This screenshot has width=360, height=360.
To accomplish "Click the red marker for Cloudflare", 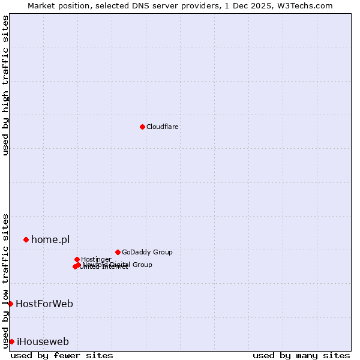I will point(142,127).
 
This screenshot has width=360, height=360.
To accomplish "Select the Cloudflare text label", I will point(162,127).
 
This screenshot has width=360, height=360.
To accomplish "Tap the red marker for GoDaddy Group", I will point(118,252).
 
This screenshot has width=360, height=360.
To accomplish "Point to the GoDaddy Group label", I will point(147,252).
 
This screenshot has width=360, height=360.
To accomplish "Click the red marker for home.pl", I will point(26,239).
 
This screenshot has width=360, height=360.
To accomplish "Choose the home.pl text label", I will point(50,239).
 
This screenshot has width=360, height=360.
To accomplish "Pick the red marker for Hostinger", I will point(77,259).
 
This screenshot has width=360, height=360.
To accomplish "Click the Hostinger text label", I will point(96,259).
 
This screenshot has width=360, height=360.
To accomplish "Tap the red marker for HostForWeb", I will point(10,304).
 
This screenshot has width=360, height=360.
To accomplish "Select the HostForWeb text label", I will point(44,304).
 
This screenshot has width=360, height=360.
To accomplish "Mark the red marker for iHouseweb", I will point(11,341).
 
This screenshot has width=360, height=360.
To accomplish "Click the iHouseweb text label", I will point(43,341).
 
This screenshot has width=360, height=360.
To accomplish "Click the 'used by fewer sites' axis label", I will point(62,355).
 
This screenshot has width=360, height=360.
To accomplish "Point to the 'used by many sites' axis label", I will point(301,355).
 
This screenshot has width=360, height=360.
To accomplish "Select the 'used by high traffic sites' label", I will point(5,85).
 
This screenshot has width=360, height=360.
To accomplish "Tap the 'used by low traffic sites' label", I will point(5,280).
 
